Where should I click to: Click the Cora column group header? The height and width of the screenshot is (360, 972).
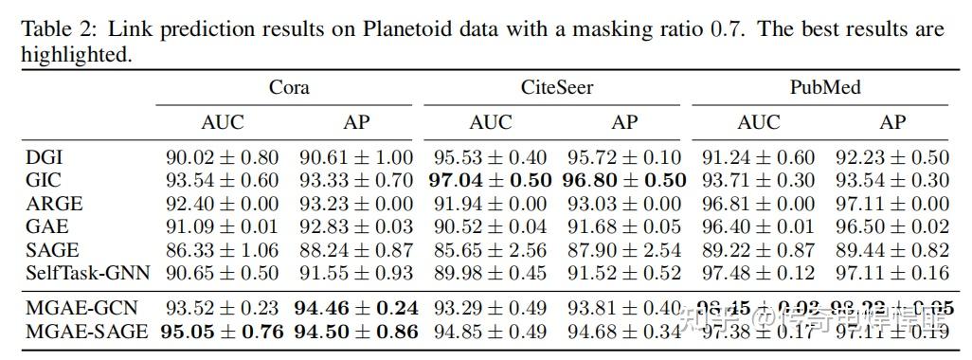tap(289, 89)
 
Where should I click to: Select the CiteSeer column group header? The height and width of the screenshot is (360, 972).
tap(557, 89)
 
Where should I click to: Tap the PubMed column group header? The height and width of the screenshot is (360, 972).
tap(825, 89)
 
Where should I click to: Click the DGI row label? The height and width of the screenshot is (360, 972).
tap(45, 157)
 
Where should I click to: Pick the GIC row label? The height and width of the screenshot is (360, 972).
tap(45, 180)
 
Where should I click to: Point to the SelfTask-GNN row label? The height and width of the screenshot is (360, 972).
tap(87, 273)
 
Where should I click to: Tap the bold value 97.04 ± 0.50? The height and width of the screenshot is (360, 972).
tap(490, 180)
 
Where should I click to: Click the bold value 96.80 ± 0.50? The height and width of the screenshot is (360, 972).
tap(625, 180)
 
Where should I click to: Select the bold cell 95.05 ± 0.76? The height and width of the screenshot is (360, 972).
tap(222, 332)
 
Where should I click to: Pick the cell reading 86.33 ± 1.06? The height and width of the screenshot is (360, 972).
tap(222, 250)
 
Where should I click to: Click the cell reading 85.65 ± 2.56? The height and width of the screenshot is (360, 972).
tap(490, 250)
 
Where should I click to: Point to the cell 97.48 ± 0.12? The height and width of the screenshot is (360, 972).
tap(758, 273)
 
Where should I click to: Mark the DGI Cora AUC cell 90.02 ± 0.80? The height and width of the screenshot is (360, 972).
tap(222, 157)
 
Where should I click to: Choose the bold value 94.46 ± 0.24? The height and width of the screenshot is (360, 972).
tap(356, 309)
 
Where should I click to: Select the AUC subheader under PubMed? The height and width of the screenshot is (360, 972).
tap(758, 122)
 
